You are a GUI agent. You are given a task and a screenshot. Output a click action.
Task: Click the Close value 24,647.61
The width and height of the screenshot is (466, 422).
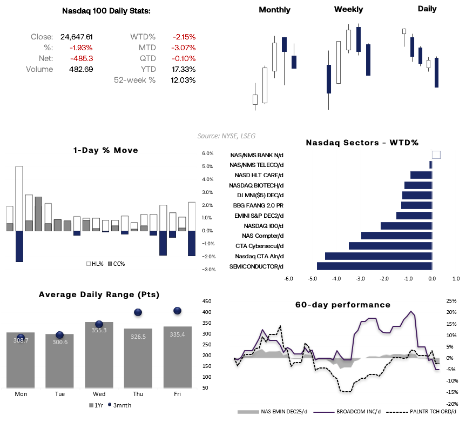tap(77, 37)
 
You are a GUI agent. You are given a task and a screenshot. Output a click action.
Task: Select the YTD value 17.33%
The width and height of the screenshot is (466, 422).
tap(184, 69)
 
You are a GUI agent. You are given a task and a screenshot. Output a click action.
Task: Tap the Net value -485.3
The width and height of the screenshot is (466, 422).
tap(83, 58)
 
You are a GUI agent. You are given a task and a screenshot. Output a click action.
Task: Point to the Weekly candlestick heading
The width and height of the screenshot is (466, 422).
tap(348, 9)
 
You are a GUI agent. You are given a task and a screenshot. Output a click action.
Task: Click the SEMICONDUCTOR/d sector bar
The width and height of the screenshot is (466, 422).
tap(374, 266)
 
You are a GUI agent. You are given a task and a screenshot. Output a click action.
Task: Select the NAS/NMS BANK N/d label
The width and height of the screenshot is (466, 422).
tap(256, 155)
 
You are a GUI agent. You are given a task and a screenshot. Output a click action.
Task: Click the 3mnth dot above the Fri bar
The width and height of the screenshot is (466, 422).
tap(177, 311)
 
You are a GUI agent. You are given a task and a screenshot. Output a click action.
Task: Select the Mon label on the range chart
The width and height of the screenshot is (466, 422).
tap(21, 394)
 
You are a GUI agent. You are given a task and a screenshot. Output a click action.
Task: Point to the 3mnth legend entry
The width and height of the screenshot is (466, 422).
tap(121, 405)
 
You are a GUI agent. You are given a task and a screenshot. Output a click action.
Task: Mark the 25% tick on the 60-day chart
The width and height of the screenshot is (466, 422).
tap(451, 300)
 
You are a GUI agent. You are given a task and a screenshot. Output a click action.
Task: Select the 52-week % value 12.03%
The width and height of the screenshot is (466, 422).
tap(184, 80)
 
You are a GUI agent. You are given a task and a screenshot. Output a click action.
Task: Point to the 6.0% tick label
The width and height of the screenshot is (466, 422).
tap(208, 153)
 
